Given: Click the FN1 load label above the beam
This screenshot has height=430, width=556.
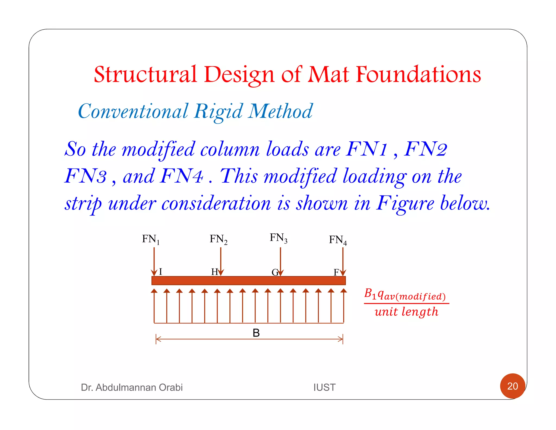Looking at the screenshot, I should [151, 239].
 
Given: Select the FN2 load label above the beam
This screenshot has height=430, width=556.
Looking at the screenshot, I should [218, 239].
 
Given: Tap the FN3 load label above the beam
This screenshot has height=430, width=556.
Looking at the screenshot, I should [278, 238].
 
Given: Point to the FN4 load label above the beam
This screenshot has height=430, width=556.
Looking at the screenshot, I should [337, 240].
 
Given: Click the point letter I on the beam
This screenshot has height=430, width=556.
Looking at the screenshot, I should [160, 272].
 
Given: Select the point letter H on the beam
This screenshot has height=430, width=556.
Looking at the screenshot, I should [214, 272].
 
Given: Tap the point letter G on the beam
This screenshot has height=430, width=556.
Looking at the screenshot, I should [275, 272].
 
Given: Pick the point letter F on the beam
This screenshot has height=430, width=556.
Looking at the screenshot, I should [336, 272].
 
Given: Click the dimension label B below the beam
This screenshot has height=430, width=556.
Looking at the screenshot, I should [256, 333].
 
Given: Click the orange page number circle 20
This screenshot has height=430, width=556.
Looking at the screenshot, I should [512, 386].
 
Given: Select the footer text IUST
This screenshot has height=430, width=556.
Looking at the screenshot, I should [324, 387].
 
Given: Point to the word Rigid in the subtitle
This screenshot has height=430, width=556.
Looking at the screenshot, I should [218, 111].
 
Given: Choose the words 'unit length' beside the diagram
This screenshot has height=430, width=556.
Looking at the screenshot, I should [406, 312].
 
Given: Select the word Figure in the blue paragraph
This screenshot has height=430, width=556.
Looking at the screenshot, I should [405, 203].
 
